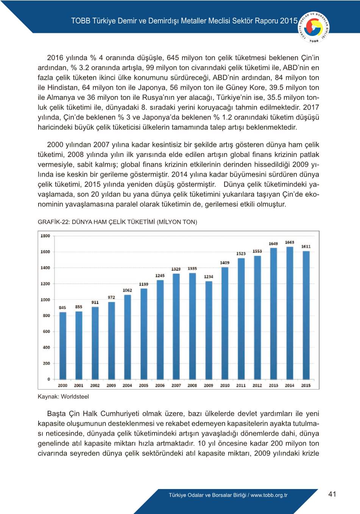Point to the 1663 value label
(x=290, y=242)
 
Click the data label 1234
(x=209, y=276)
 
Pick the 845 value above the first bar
(x=62, y=307)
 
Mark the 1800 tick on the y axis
(x=45, y=236)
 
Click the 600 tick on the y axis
(x=46, y=331)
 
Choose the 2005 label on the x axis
(x=143, y=385)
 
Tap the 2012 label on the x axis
(x=257, y=385)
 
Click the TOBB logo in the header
(x=314, y=28)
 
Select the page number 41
(x=332, y=494)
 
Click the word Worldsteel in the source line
(x=75, y=396)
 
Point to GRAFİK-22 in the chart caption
(x=53, y=222)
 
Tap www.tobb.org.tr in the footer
(x=269, y=495)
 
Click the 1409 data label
(x=224, y=262)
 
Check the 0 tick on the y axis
(x=48, y=379)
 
